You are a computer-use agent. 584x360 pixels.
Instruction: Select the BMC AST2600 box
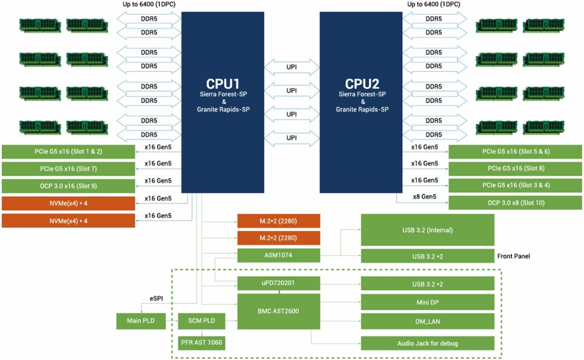(279, 311)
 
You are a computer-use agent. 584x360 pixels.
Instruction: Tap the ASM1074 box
(279, 255)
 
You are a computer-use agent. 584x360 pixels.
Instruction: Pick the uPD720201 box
(279, 284)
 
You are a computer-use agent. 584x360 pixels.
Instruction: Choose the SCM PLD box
(202, 321)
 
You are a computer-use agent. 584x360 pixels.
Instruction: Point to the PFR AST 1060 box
(202, 342)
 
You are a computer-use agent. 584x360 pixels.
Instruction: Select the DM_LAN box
(427, 321)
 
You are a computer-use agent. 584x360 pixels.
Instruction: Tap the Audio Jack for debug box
(427, 342)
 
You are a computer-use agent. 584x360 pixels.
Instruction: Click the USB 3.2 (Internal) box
(427, 230)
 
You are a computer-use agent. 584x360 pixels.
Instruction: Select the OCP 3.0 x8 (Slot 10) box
(515, 203)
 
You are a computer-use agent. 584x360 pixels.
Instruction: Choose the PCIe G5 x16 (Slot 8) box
(515, 169)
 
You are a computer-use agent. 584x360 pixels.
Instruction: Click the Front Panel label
(518, 256)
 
